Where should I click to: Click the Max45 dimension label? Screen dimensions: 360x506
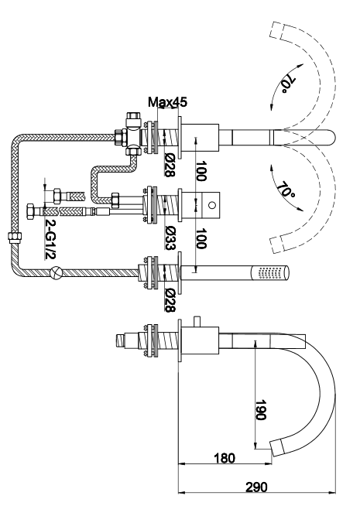coord(167,102)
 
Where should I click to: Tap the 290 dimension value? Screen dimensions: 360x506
coord(257,487)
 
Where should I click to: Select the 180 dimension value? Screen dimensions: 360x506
coord(225,458)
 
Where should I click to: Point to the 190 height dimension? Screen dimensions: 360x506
coord(260,410)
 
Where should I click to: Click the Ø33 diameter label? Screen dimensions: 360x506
coord(170,238)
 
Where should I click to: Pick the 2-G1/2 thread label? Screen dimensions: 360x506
coord(50,239)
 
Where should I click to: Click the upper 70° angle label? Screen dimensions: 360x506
coord(287,85)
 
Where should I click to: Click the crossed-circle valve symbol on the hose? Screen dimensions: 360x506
coord(56,272)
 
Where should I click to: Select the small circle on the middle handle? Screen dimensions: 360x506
coord(212,204)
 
